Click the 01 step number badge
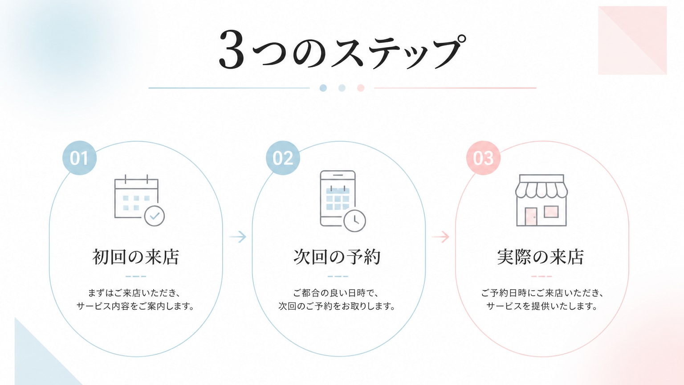(79, 158)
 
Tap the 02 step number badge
(283, 158)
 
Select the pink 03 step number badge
(483, 158)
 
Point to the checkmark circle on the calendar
(155, 216)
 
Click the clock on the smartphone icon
(355, 221)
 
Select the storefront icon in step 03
(541, 201)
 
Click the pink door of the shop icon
(531, 217)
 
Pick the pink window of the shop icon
(551, 212)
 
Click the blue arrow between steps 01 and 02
(237, 237)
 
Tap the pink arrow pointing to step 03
(440, 237)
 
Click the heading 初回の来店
(135, 257)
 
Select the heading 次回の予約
(337, 257)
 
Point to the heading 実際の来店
(541, 257)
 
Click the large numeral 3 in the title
(232, 49)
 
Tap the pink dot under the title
(361, 88)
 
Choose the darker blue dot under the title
(323, 88)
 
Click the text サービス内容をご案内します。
(135, 306)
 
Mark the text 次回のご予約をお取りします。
(337, 306)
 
